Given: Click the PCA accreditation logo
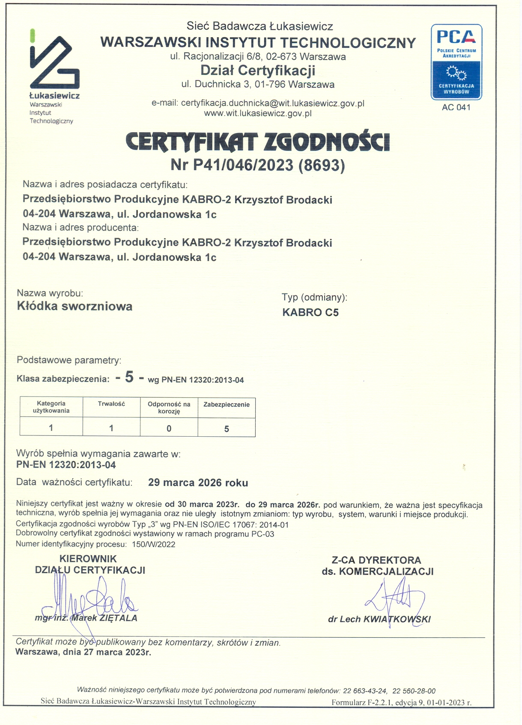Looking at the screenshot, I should (x=456, y=62).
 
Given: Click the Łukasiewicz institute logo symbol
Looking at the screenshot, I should (x=54, y=62).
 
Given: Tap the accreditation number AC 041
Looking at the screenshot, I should (x=456, y=108).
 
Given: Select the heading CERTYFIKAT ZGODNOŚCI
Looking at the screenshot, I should (x=258, y=142).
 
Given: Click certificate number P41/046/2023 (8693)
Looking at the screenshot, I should (x=258, y=165).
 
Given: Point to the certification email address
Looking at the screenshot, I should (x=272, y=103).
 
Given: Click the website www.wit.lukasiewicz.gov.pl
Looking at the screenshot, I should (x=258, y=113).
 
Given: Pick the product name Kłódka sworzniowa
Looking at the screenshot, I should (x=75, y=306).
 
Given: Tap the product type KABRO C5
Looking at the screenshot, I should (x=310, y=313).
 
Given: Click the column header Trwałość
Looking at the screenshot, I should (x=111, y=404).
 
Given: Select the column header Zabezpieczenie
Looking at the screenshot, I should (x=227, y=405).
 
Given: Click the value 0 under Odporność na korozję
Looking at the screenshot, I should (x=169, y=429).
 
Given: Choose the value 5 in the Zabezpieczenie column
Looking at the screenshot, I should (x=227, y=429).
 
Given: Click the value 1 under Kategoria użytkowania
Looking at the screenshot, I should (x=51, y=428).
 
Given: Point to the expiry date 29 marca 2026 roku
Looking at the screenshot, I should (x=198, y=483).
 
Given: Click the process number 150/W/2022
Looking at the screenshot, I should (x=154, y=544).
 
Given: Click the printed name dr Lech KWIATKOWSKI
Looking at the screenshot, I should (x=379, y=619).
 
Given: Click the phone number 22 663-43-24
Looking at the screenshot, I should (x=365, y=691).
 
